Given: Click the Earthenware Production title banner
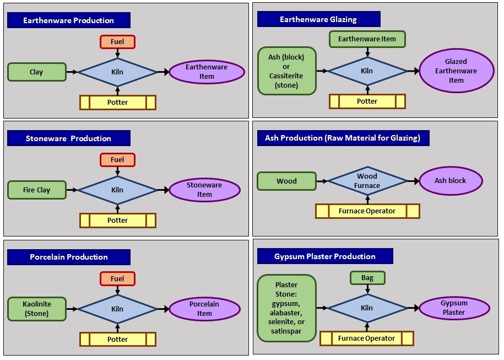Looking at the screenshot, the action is (x=69, y=20).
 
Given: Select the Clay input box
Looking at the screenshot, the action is (x=37, y=72).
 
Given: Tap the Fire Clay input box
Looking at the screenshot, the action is (x=37, y=190).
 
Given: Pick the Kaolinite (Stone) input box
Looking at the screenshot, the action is (x=37, y=309).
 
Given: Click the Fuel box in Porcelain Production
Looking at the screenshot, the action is (x=117, y=278).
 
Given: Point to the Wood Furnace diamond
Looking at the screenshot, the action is (x=367, y=181).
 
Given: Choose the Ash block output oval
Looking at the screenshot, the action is (x=451, y=181).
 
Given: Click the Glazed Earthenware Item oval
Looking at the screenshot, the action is (x=457, y=71).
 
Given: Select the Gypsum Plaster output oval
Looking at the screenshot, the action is (x=454, y=308).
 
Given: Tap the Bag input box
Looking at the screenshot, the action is (x=367, y=278).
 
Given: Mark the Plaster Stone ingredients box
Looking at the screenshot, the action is (x=287, y=308).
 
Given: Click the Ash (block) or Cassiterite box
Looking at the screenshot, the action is (x=287, y=71).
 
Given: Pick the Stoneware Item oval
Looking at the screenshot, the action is (x=205, y=190).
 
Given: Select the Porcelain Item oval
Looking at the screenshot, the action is (x=205, y=309).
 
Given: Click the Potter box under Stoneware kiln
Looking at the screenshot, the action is (x=118, y=221).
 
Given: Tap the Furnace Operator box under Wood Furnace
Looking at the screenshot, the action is (x=367, y=211).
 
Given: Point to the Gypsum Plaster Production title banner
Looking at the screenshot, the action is (x=325, y=256).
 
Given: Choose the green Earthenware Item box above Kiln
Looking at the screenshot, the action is (x=367, y=39).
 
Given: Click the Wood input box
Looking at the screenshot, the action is (x=287, y=181).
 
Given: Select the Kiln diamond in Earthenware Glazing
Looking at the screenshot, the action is (x=367, y=71).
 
